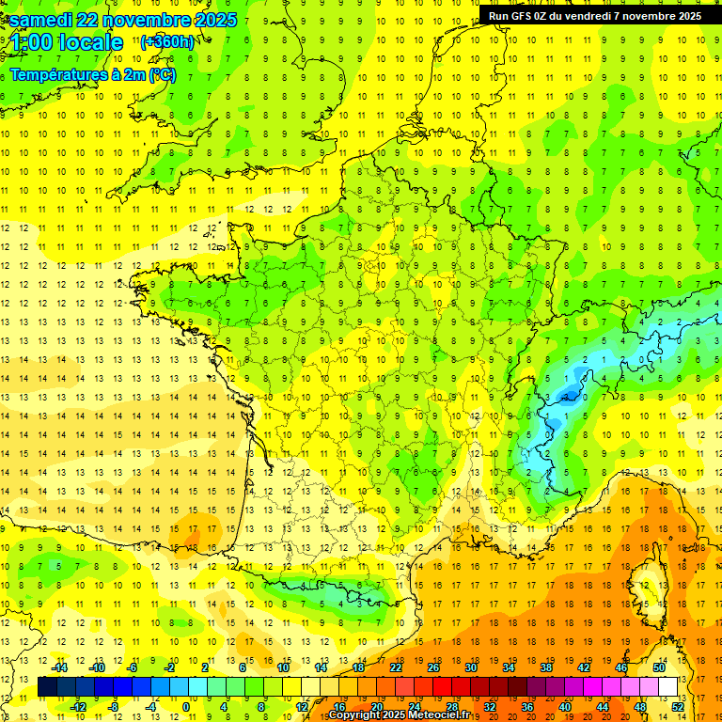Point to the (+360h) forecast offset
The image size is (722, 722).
[167, 42]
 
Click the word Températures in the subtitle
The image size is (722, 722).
[55, 74]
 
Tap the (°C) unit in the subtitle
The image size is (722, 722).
[162, 74]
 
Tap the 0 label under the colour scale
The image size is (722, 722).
[185, 707]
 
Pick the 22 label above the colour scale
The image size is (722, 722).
[396, 667]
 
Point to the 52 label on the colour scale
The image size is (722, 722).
[678, 707]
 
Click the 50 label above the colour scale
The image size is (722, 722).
[659, 667]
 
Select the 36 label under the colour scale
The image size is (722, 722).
[527, 707]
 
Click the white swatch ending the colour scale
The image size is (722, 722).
[668, 687]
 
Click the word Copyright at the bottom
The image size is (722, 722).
[356, 715]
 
